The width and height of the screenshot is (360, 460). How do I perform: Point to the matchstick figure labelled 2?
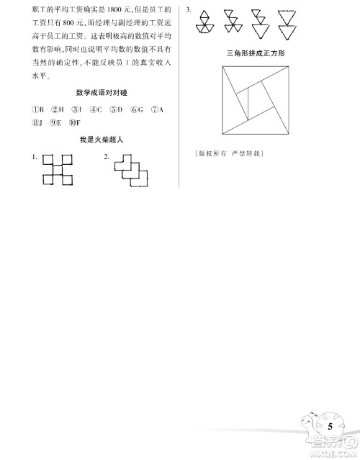tap(132, 170)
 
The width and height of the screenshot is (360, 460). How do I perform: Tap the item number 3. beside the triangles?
tap(188, 10)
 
